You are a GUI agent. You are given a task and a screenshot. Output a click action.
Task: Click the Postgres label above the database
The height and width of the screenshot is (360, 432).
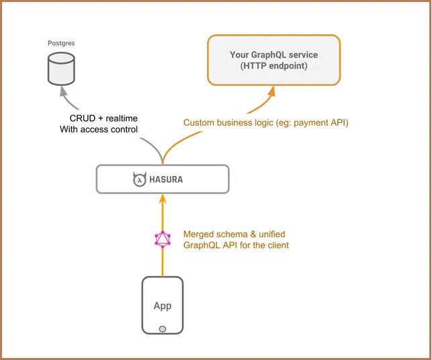pos(61,43)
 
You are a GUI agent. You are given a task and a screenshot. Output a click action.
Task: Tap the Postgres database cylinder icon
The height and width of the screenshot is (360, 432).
pos(61,69)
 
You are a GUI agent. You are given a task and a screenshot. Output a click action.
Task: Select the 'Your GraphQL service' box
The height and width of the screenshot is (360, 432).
pos(274,60)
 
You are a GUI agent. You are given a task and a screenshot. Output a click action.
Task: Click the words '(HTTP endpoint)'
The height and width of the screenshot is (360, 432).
pos(274,66)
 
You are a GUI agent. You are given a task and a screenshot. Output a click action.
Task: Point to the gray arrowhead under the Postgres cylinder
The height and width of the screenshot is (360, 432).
pos(64,91)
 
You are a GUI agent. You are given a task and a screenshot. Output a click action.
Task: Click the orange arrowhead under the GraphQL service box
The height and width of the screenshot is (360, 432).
pos(272,91)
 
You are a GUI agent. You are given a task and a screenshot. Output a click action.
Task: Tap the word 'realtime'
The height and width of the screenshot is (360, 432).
pos(122,118)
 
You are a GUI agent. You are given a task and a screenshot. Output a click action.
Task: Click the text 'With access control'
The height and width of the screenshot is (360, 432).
pos(99,129)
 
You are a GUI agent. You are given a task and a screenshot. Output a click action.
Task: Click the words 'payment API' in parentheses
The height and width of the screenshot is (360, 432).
pos(320,122)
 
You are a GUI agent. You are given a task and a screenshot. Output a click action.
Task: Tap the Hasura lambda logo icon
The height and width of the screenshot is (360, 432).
pos(139,179)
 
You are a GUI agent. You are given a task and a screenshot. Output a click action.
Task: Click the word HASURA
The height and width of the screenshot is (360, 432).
pos(166,179)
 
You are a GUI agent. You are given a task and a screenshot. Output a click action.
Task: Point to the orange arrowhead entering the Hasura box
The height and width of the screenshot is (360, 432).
pos(163,199)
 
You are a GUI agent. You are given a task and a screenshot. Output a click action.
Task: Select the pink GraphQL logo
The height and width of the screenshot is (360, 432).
pos(163,239)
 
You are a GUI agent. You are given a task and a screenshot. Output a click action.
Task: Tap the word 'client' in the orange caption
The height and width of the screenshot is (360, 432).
pos(277,245)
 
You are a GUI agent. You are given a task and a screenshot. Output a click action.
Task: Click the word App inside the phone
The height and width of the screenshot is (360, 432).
pos(163,306)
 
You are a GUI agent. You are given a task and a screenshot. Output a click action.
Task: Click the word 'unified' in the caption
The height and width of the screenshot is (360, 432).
pos(272,234)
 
